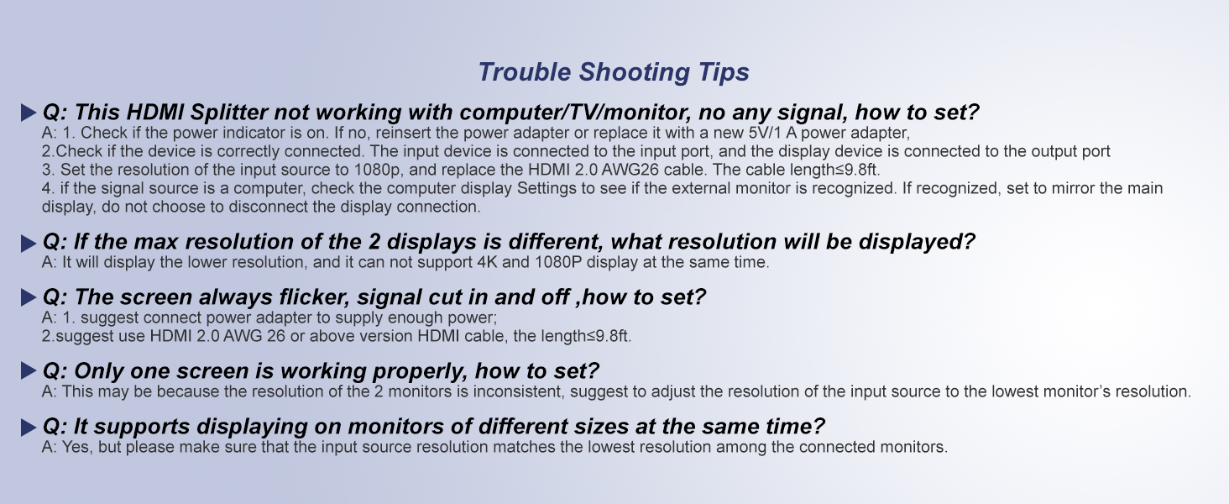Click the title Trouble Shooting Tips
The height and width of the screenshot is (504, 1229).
coord(614,72)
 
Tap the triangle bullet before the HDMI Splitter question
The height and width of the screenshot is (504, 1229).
coord(29,113)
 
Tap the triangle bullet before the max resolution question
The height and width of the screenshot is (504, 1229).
coord(29,244)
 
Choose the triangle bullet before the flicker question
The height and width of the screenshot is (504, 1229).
coord(29,299)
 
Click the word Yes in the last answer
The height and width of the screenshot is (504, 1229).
coord(78,447)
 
